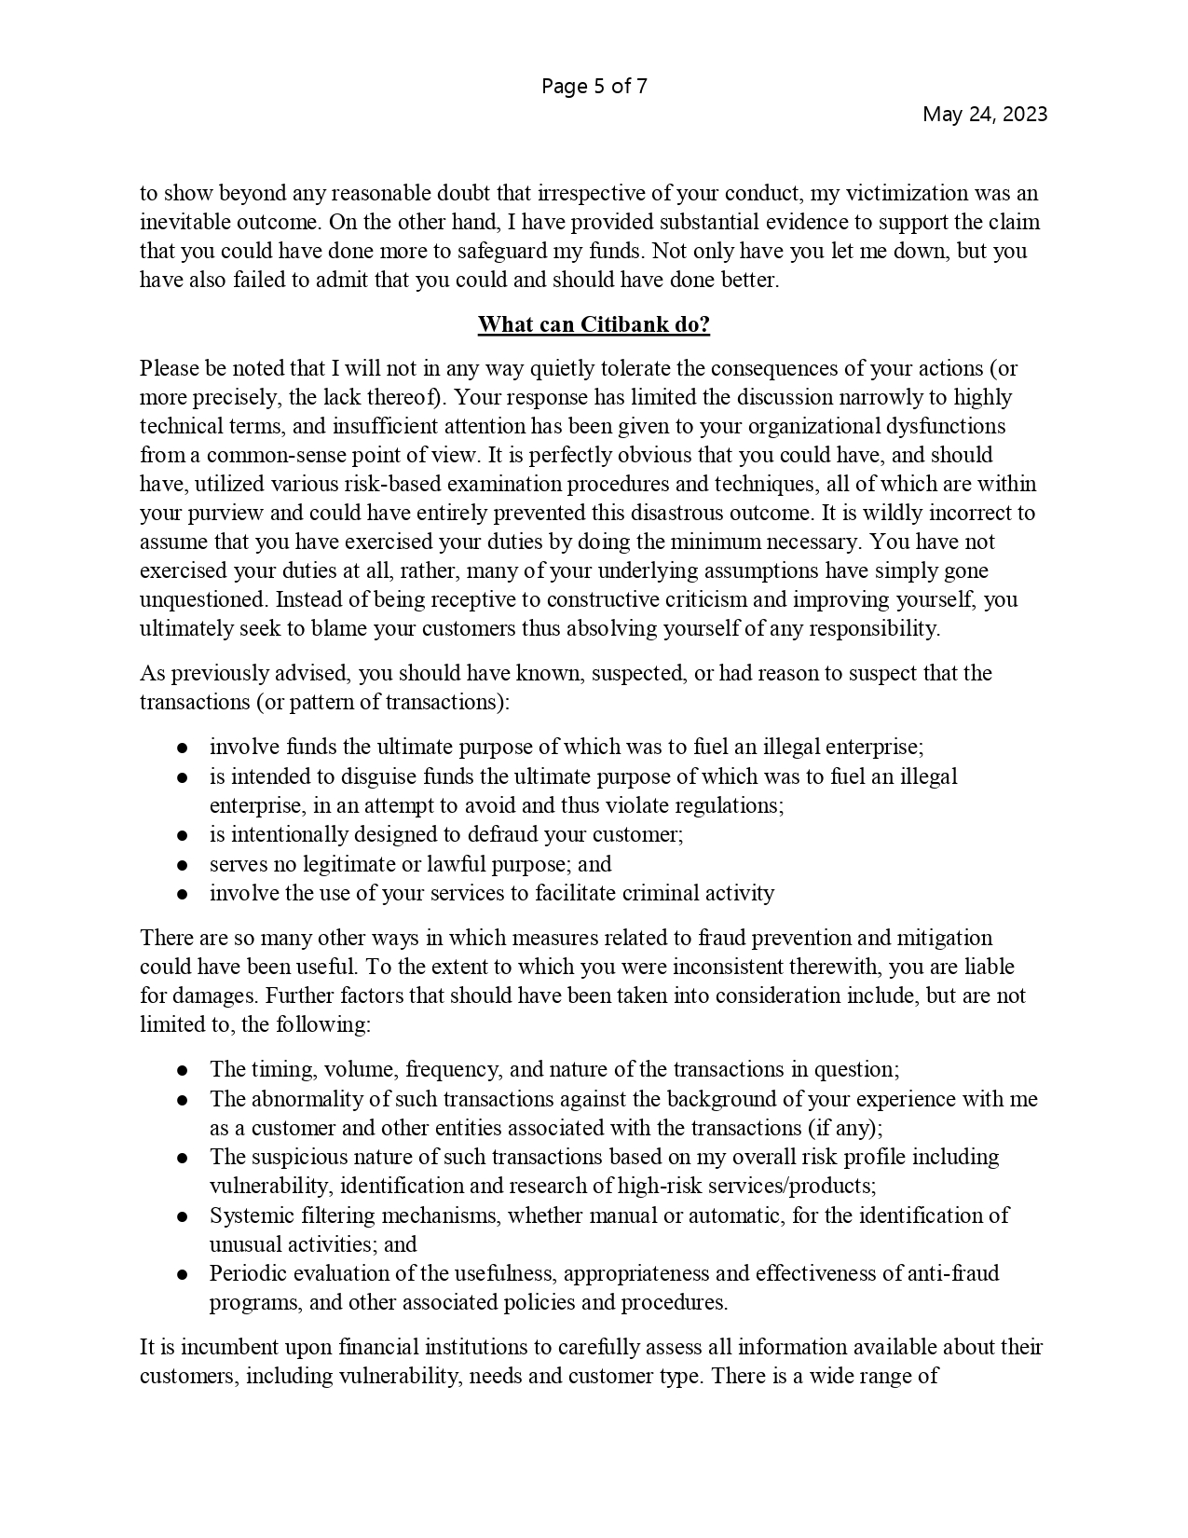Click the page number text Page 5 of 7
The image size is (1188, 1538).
click(594, 87)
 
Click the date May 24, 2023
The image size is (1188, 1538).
click(984, 114)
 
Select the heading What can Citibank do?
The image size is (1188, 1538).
click(594, 324)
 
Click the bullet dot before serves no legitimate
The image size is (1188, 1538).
click(184, 865)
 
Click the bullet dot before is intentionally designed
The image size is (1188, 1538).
click(184, 835)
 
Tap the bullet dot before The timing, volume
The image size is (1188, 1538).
click(184, 1071)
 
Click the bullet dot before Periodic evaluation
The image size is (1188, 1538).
click(184, 1274)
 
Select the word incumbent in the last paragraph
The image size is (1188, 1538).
click(223, 1347)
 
